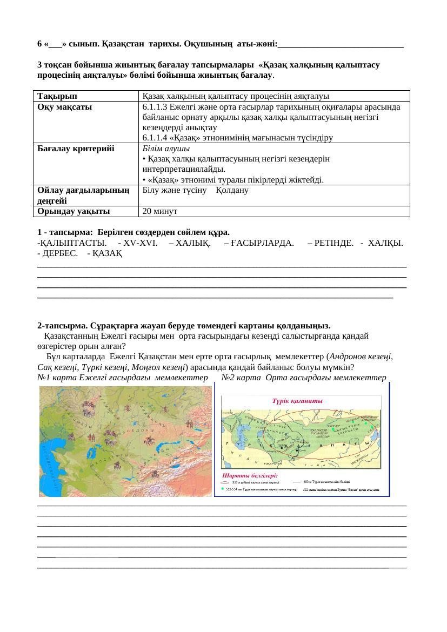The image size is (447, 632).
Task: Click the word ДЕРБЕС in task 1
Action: pos(60,253)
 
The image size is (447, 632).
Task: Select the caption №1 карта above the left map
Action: pos(56,377)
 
